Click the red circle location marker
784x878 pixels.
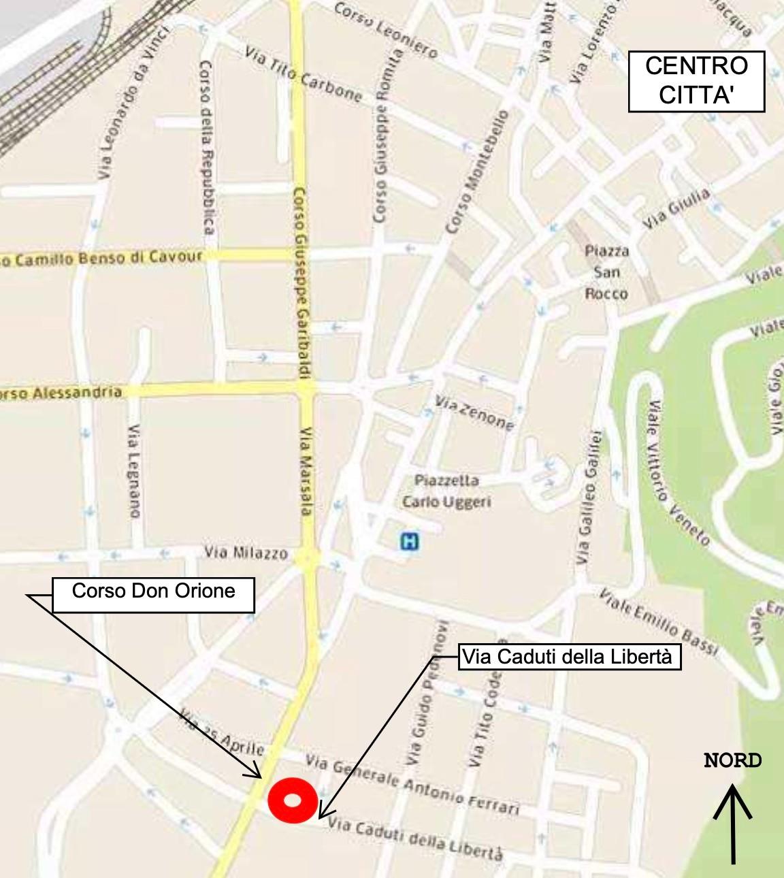(292, 800)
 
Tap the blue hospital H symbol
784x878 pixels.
(409, 542)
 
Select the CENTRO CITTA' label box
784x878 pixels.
(696, 81)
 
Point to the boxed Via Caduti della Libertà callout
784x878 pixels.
(570, 657)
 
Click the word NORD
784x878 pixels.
(733, 761)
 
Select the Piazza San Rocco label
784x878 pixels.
(606, 272)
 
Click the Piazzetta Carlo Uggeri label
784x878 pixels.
(446, 491)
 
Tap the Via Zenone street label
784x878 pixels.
(474, 412)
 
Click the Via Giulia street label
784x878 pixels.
(677, 208)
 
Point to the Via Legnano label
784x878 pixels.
(135, 471)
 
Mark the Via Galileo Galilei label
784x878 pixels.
(589, 497)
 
